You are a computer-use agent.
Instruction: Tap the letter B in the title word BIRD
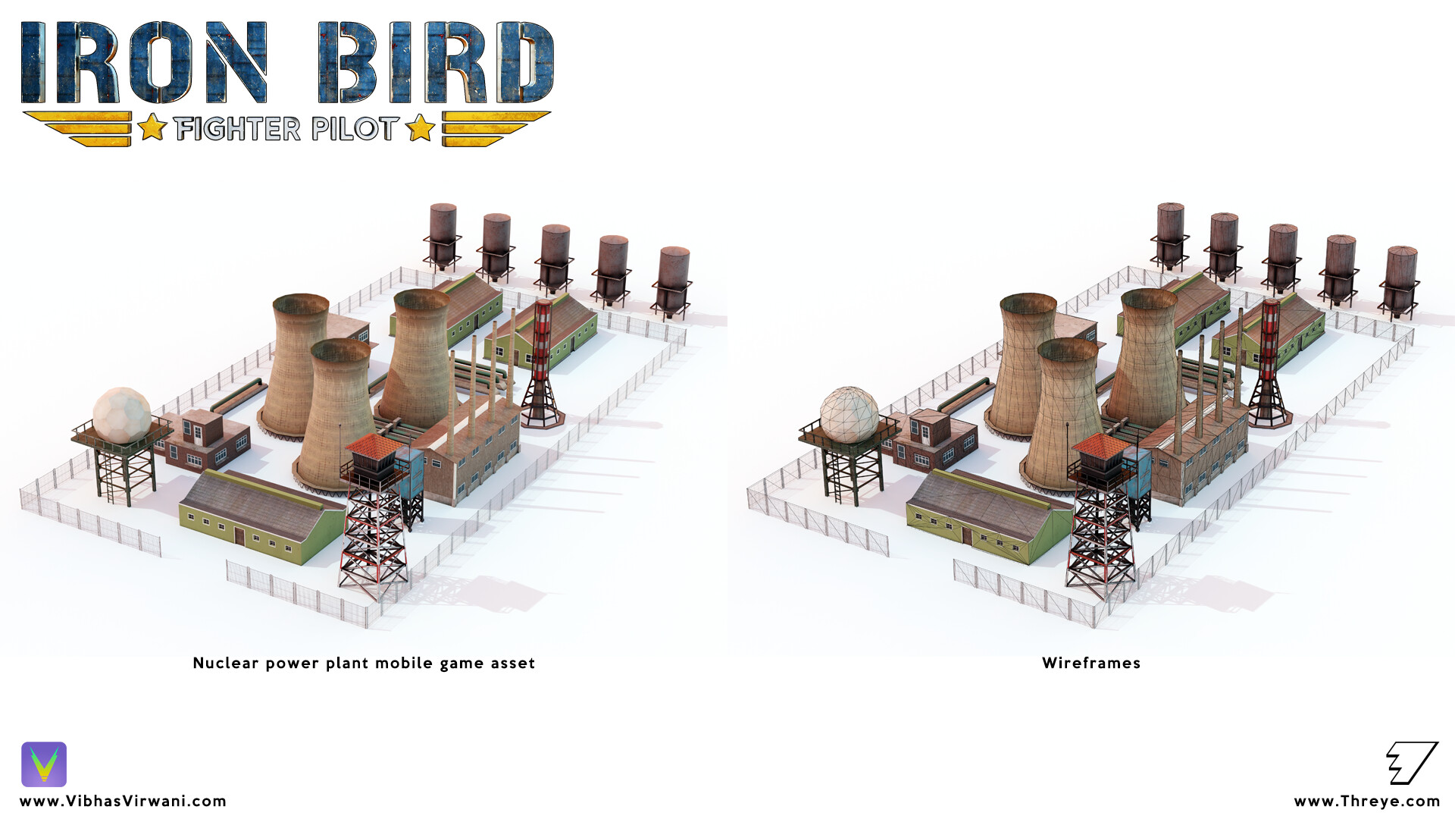pos(348,62)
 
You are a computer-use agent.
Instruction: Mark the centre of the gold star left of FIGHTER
pos(152,127)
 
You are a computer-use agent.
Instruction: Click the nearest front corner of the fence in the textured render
pos(368,626)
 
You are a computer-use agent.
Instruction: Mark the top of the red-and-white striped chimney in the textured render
pos(543,304)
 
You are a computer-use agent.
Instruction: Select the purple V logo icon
pos(44,764)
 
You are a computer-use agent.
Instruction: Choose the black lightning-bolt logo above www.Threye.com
pos(1412,763)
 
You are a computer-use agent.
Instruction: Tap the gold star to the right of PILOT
pos(421,127)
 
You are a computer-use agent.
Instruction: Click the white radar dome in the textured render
pos(121,413)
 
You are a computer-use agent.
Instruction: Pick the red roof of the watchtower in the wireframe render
pos(1103,446)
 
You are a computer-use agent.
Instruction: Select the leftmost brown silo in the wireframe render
pos(1170,235)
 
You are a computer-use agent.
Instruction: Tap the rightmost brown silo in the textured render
pos(672,281)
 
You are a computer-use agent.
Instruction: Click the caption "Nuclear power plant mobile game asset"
pos(364,664)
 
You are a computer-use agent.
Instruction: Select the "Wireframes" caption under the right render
pos(1091,663)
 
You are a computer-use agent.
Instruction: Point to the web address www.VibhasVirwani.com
pos(123,801)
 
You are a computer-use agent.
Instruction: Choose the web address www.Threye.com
pos(1367,802)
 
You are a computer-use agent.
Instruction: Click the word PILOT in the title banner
pos(355,129)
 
